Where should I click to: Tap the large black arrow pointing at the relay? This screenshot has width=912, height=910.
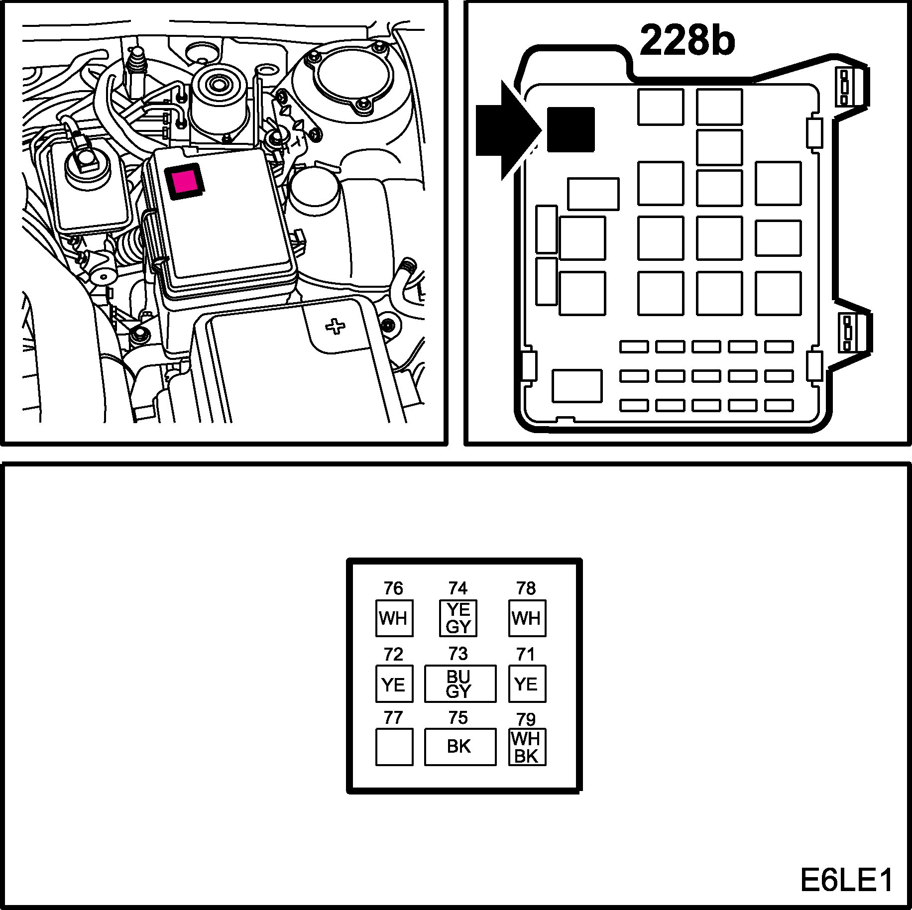[x=505, y=130]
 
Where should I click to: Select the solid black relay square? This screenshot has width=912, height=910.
[x=570, y=130]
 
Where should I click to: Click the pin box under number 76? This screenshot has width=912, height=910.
[x=394, y=618]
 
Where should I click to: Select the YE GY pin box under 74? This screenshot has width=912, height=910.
[x=458, y=618]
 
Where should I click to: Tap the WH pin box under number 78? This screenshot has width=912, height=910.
[x=527, y=618]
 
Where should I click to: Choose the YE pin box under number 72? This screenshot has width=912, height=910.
[x=394, y=683]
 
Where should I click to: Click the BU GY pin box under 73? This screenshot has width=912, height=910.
[x=459, y=683]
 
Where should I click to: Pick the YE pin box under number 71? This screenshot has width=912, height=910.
[x=527, y=683]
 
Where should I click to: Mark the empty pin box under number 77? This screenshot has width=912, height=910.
[x=394, y=747]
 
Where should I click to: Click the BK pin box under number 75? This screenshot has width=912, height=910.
[x=459, y=747]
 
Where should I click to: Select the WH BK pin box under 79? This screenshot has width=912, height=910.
[x=527, y=747]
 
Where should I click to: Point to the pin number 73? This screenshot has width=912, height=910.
[x=458, y=653]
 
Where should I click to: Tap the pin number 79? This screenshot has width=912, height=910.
[x=526, y=719]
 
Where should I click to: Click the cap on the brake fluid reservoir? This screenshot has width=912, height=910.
[x=86, y=164]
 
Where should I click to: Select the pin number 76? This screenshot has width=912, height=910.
[x=393, y=588]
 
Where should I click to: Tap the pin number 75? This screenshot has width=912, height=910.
[x=458, y=717]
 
